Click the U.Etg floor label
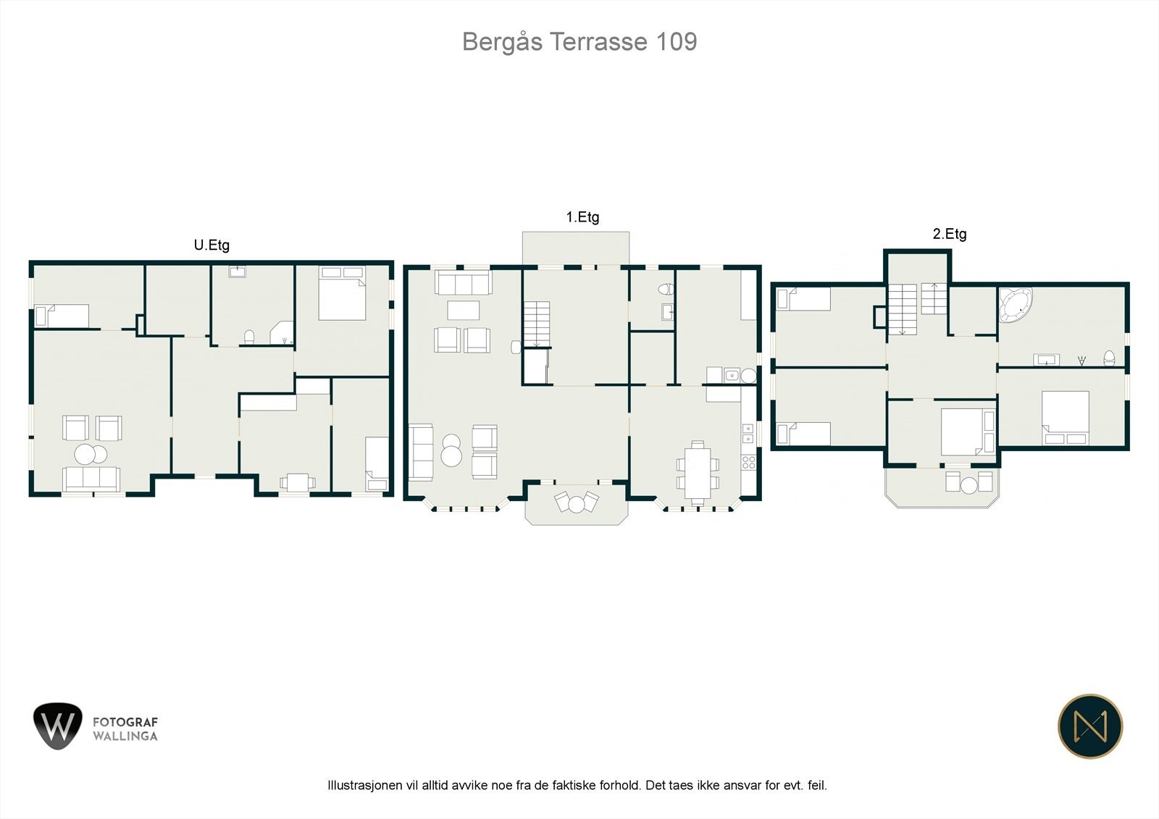point(212,245)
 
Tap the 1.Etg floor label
point(582,217)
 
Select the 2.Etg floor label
point(950,235)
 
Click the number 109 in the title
point(677,42)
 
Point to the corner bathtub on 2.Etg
point(1015,305)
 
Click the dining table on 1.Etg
point(698,473)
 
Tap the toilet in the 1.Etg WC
point(666,289)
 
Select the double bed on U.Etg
point(342,293)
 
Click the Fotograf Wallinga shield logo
point(58,726)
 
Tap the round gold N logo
point(1090,726)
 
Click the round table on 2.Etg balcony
point(969,485)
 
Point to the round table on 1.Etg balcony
point(577,505)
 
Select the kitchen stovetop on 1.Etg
point(749,463)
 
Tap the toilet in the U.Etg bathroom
point(249,337)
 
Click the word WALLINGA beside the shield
point(125,736)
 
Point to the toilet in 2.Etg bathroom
point(1109,358)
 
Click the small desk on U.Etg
point(298,482)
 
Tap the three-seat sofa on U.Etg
point(91,479)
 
